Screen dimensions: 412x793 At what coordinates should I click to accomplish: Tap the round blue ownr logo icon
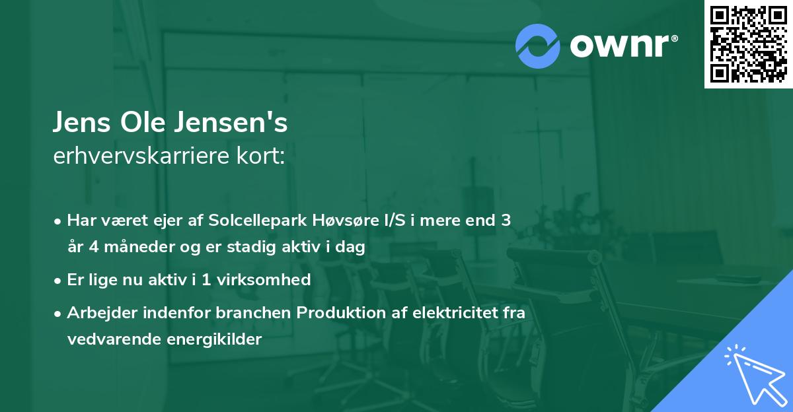(x=538, y=46)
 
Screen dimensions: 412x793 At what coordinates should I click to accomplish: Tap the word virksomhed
(x=270, y=280)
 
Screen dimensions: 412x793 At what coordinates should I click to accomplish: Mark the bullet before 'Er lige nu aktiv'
(x=58, y=281)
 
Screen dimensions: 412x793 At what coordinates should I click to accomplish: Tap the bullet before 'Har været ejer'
(x=58, y=221)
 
